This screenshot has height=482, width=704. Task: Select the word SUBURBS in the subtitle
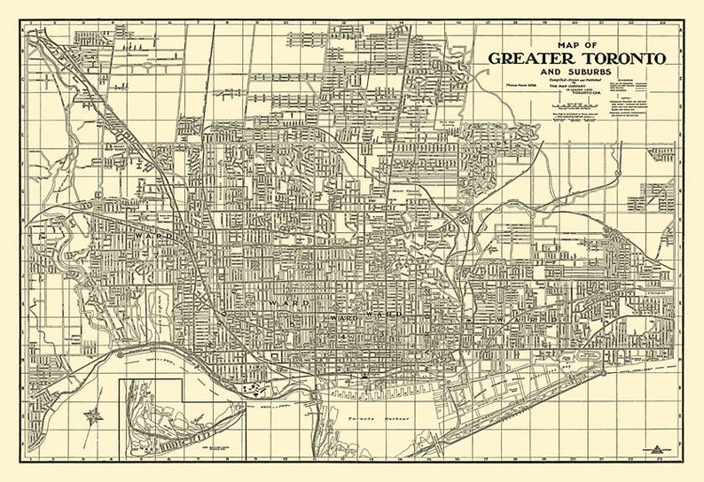pos(597,73)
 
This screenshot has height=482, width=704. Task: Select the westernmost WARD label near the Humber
pos(146,237)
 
